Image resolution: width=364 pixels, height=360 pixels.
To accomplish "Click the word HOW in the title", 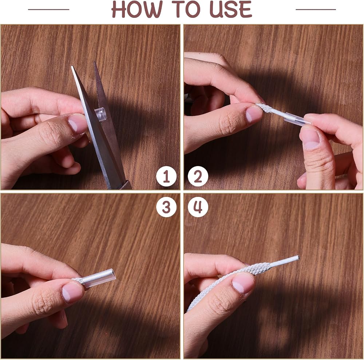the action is (136, 9).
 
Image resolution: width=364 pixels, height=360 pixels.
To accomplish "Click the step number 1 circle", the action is (166, 177).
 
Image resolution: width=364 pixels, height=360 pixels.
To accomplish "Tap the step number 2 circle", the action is (198, 177).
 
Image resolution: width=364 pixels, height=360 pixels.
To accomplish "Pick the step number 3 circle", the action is (166, 207).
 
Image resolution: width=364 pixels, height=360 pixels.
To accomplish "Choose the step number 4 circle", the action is (198, 207).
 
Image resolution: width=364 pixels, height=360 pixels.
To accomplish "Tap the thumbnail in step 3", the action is (72, 292).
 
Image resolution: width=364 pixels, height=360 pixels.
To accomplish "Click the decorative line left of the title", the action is (49, 9).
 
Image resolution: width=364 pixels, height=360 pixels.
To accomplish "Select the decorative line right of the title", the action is (316, 9).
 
